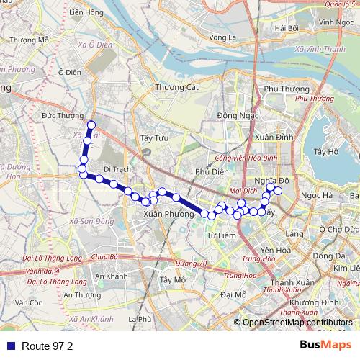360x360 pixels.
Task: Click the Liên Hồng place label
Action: pos(84,12)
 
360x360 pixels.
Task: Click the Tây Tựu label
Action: pos(154,137)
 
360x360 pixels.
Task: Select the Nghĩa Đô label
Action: pos(271,180)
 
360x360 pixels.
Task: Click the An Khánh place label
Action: pos(111,276)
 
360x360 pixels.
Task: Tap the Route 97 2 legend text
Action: pos(48,346)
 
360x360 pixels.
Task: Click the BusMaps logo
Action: pos(325,346)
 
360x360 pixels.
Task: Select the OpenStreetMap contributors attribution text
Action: pos(297,323)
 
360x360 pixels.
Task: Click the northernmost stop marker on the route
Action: pos(91,125)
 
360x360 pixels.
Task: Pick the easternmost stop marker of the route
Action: pos(278,190)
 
